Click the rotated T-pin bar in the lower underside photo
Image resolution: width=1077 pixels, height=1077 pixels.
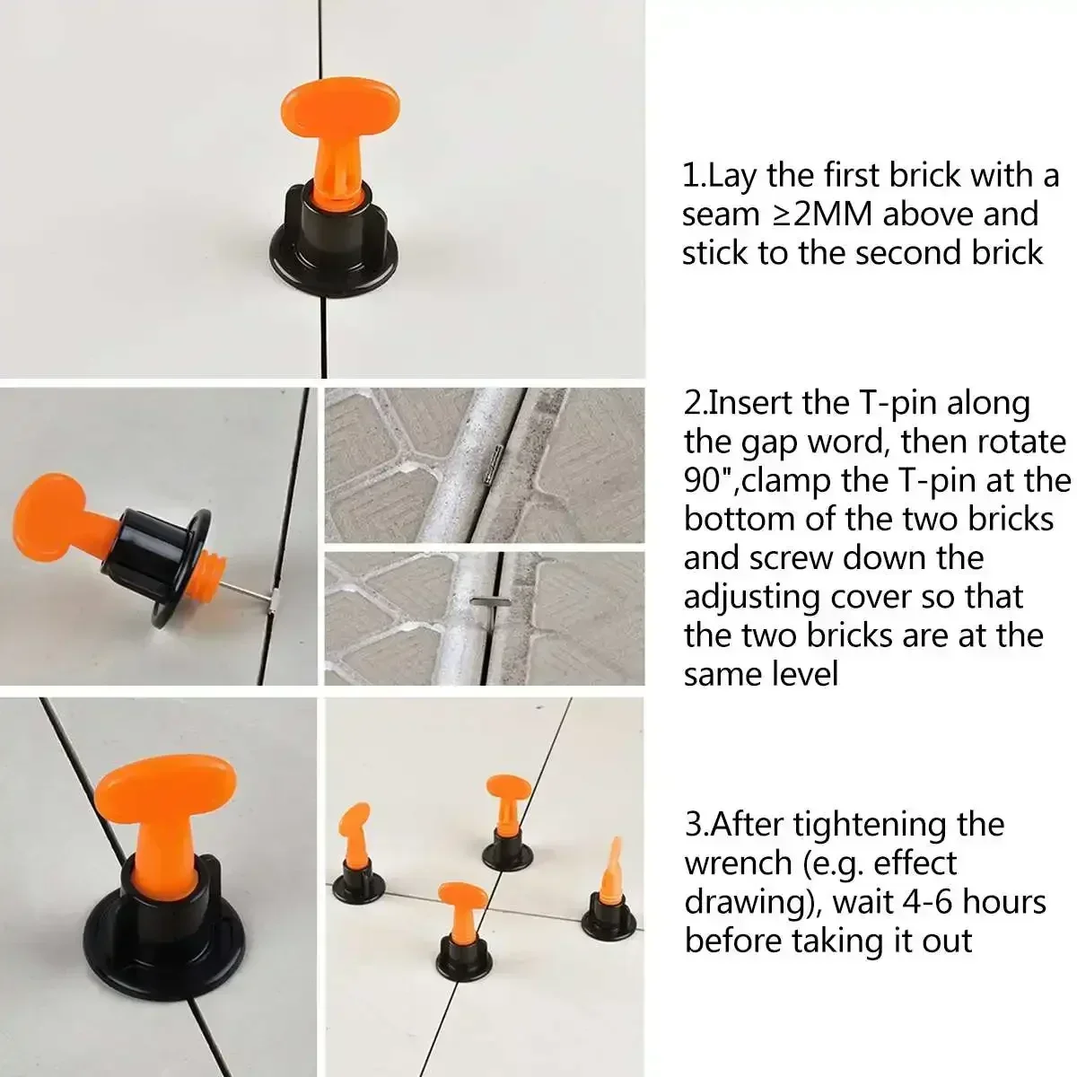pos(486,602)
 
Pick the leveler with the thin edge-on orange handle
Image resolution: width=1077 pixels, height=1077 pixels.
pos(612,889)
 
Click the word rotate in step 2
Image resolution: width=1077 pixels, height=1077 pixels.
pos(1022,442)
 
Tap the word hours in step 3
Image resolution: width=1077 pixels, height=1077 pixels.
pos(1006,901)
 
